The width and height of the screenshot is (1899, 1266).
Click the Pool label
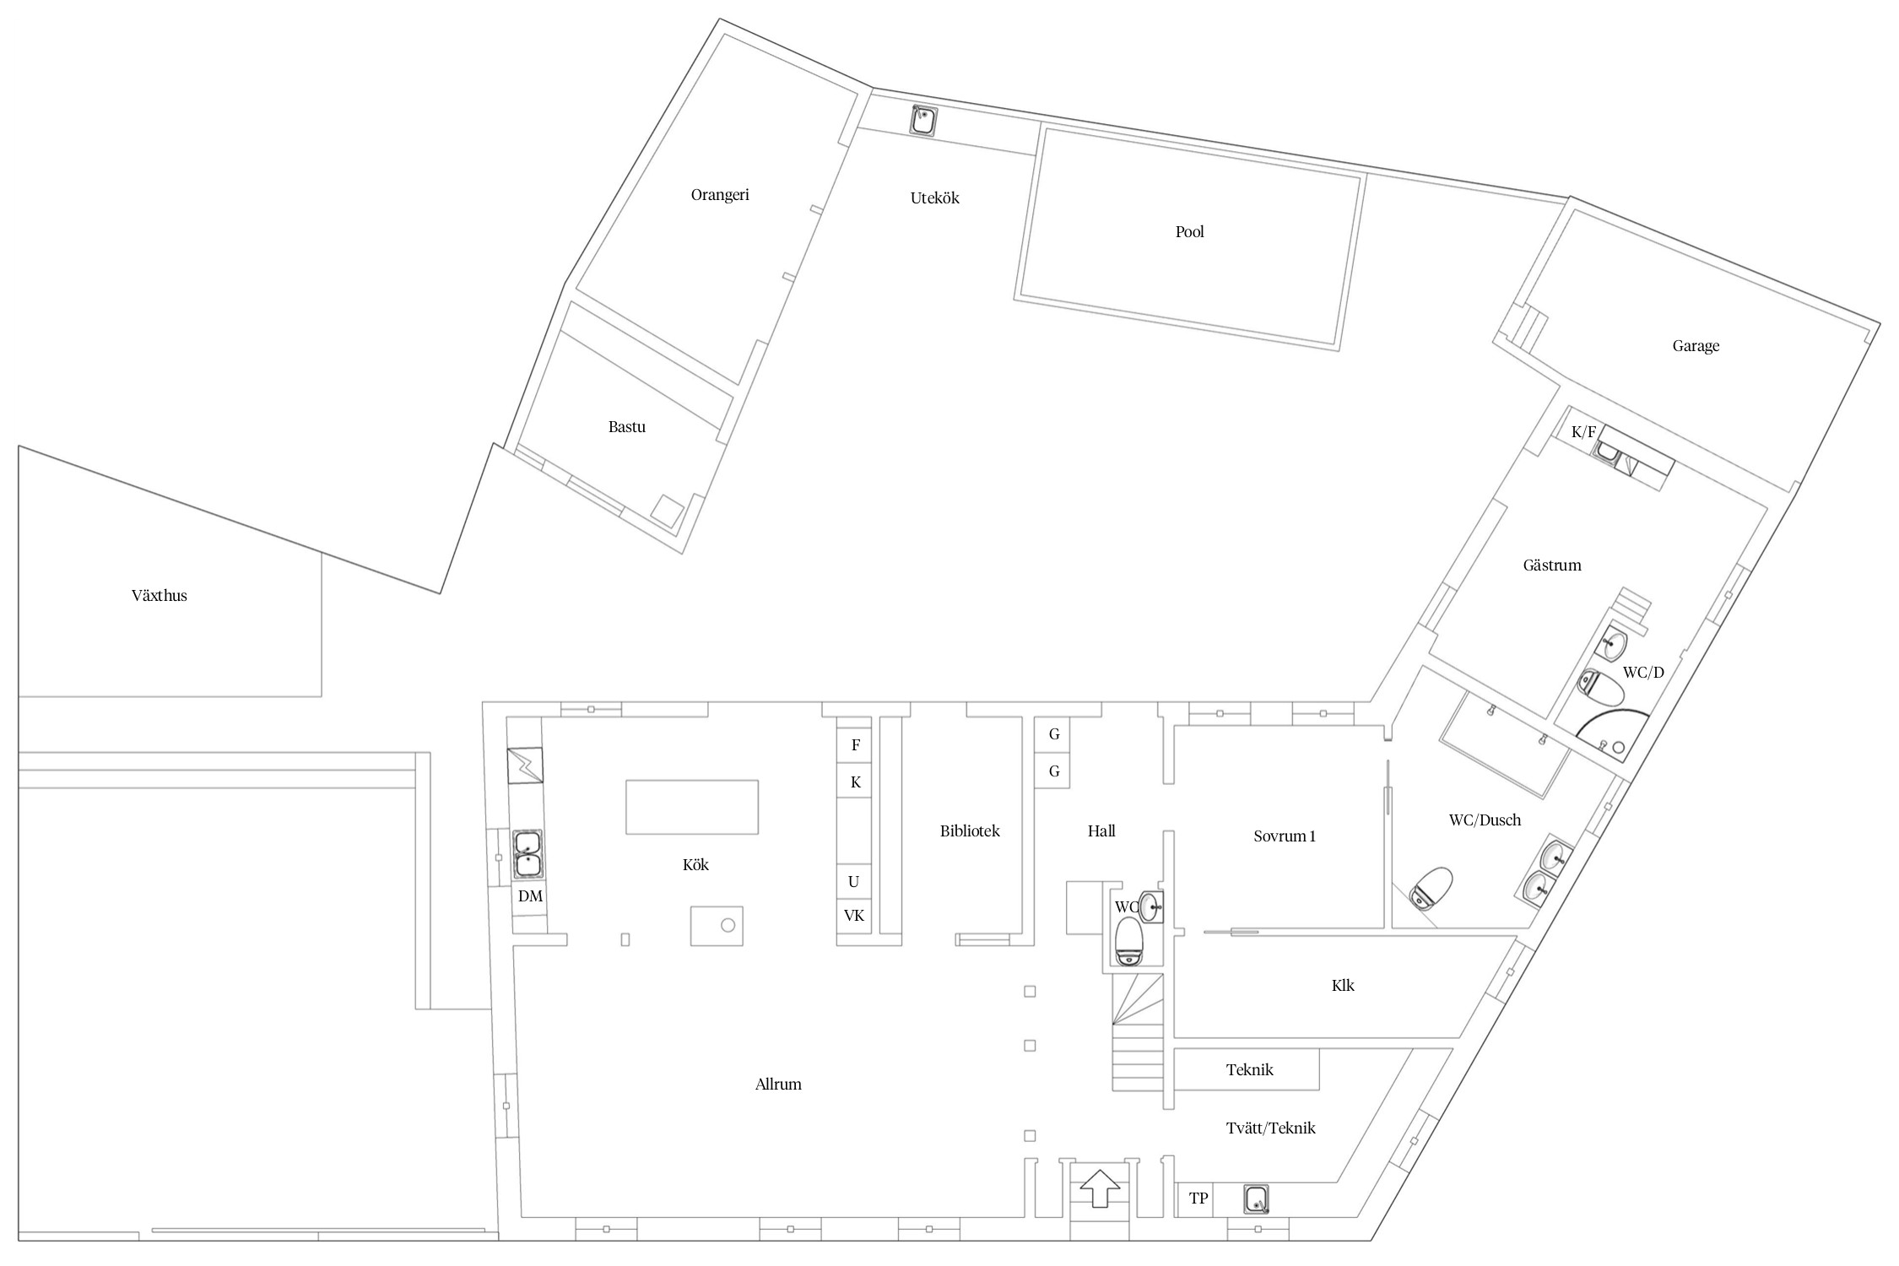1189,232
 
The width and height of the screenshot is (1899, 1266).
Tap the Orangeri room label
720,195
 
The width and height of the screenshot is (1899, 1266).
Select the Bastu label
627,427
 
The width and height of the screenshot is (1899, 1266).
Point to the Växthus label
160,596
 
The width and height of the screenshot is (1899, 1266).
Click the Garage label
1696,346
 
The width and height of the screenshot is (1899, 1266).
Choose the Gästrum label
1552,565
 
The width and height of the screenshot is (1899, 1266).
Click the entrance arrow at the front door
1100,1188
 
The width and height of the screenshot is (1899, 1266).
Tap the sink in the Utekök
924,120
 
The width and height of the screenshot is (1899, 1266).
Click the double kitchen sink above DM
528,854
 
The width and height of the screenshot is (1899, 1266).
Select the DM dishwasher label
530,896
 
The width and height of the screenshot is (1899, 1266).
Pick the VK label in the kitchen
854,916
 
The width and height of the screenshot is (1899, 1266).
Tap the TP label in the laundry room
1198,1198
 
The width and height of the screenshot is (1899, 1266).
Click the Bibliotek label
970,831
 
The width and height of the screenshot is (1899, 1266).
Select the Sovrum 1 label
1285,836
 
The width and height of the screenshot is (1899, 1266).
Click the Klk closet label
1343,986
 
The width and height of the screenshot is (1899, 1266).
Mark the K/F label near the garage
1583,433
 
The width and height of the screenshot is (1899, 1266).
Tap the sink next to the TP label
1256,1199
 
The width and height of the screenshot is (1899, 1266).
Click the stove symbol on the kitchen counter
525,766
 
